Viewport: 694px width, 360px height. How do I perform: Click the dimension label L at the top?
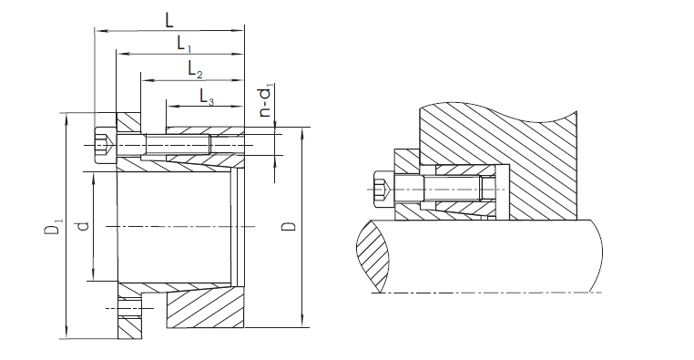[x=169, y=20]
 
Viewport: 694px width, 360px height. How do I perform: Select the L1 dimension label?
[x=184, y=44]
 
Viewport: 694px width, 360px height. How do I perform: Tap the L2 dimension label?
[x=195, y=70]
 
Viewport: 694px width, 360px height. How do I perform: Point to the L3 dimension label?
[x=207, y=97]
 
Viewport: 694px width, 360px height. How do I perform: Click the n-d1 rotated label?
[x=266, y=103]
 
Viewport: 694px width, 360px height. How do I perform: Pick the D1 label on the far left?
[x=54, y=225]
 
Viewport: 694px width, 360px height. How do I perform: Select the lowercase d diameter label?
[x=83, y=226]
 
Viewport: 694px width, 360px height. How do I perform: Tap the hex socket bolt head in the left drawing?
[x=106, y=145]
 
